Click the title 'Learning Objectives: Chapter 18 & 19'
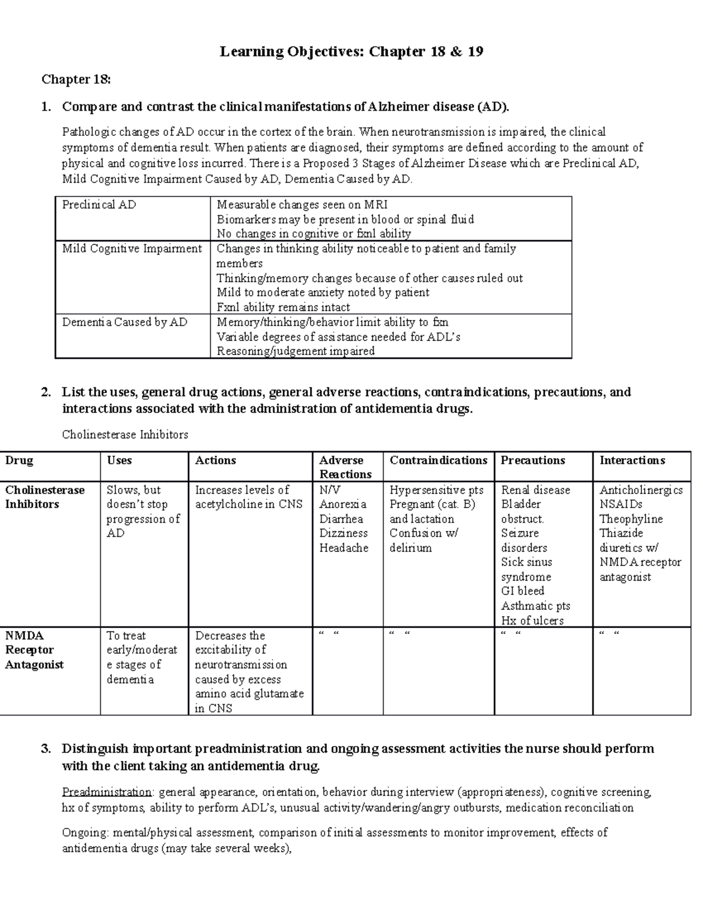[351, 52]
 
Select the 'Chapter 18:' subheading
[75, 80]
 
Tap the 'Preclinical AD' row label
[99, 205]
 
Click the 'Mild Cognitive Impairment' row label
[132, 248]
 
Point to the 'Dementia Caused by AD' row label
[125, 322]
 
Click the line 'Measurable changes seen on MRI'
[302, 205]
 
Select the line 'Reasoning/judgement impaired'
[295, 351]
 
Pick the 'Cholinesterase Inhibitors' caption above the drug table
[125, 435]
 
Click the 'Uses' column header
[119, 461]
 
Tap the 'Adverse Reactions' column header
[345, 467]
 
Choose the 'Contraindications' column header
[438, 461]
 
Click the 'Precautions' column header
[533, 461]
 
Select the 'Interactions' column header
[632, 461]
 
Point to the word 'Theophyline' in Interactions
[631, 519]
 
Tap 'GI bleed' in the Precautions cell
[523, 591]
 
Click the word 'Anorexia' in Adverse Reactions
[343, 504]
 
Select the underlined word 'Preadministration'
[107, 792]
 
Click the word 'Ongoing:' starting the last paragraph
[85, 833]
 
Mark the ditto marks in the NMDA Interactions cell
[609, 633]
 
